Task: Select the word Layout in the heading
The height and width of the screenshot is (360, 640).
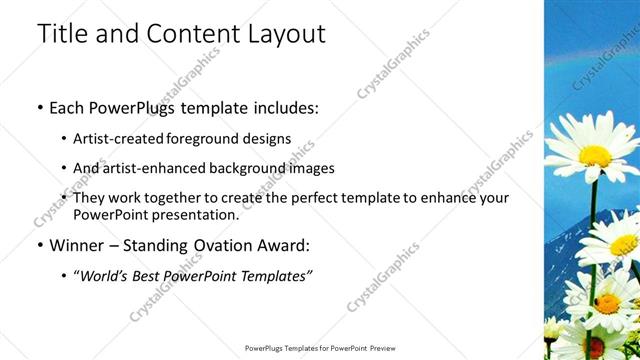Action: tap(284, 33)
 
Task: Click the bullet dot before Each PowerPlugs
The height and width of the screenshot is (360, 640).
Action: tap(39, 107)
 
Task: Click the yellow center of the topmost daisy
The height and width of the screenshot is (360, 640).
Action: tap(594, 156)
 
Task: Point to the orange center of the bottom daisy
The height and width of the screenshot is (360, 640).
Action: tap(607, 302)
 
